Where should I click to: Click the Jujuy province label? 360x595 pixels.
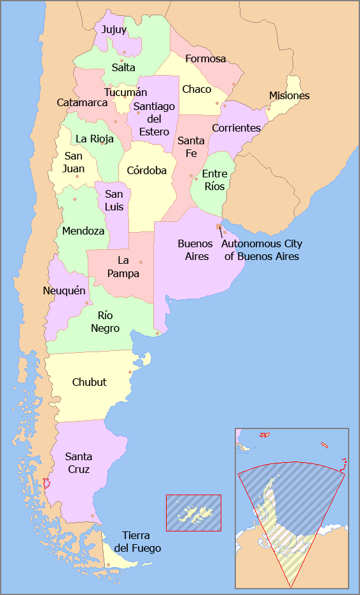[114, 29]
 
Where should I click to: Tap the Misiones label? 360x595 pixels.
[289, 96]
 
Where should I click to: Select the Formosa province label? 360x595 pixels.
[205, 59]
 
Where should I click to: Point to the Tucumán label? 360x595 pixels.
[125, 92]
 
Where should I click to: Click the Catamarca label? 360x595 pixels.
[82, 102]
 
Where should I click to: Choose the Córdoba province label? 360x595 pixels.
[146, 170]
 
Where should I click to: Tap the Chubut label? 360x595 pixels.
[89, 383]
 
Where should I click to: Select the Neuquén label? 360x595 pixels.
[64, 291]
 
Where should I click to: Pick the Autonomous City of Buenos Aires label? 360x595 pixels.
[261, 250]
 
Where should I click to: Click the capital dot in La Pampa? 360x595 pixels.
[141, 262]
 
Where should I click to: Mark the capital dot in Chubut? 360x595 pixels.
[130, 373]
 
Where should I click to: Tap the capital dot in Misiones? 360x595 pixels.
[269, 109]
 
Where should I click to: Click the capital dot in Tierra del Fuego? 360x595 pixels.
[108, 564]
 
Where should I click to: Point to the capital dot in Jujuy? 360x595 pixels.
[125, 52]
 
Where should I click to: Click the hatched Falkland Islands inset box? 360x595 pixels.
[193, 512]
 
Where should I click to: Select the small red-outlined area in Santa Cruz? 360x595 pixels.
[45, 484]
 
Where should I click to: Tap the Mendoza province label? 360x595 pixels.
[83, 231]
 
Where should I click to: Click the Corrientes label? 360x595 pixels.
[236, 128]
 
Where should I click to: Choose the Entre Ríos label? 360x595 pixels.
[214, 180]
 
